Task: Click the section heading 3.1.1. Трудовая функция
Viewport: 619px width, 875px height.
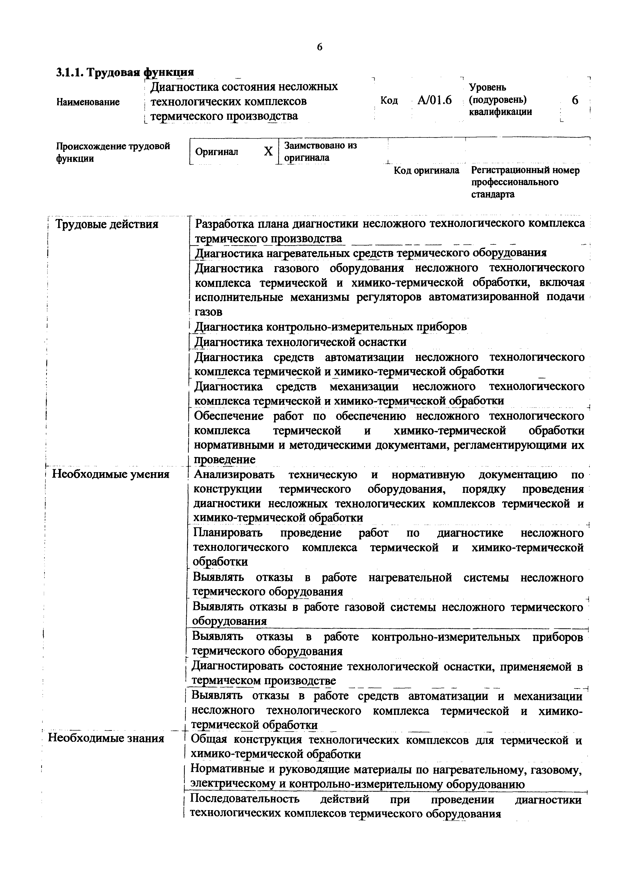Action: pos(125,72)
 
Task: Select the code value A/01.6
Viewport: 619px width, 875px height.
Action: pos(434,100)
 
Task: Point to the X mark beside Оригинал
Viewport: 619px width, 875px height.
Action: pos(268,152)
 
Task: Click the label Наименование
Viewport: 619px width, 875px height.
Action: pos(88,102)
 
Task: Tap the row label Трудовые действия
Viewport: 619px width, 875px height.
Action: pos(107,224)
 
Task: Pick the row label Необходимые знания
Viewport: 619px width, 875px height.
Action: pos(106,738)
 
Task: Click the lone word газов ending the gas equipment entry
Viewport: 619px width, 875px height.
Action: pos(208,312)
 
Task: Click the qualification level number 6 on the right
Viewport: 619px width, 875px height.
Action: pos(575,100)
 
